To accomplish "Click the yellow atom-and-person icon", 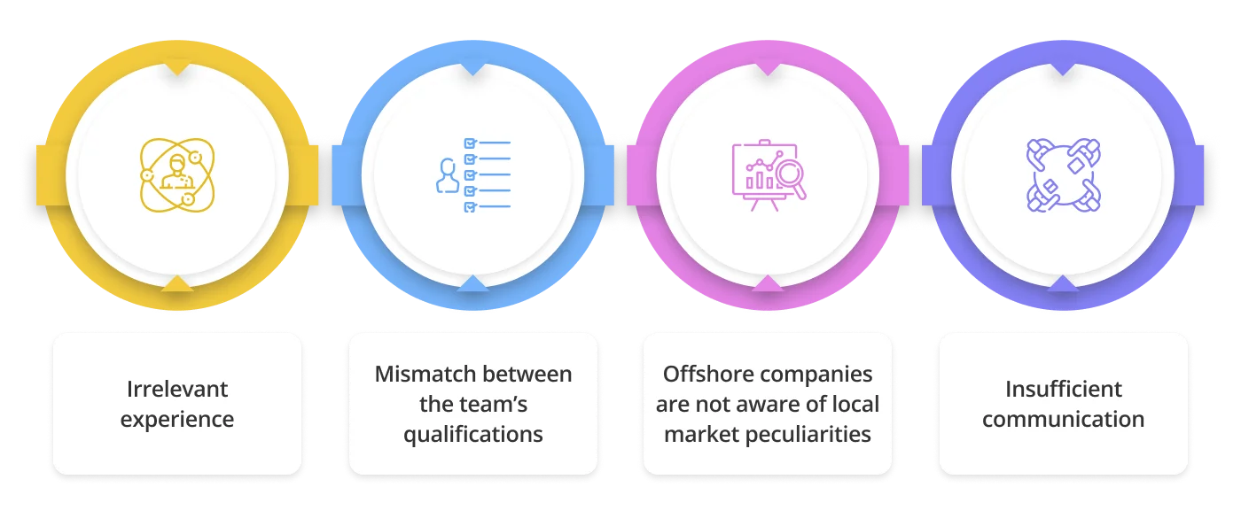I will pos(177,174).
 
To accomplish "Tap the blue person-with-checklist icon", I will pos(473,174).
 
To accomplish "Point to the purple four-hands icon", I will pos(1063,174).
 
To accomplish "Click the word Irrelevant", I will pos(177,389).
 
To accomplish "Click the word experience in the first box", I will pos(177,419).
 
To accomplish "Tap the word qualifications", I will pos(473,434).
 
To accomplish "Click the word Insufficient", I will pos(1064,389).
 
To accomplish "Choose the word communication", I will pos(1063,419).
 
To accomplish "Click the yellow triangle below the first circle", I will pos(177,283).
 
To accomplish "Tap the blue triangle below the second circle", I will pos(473,283).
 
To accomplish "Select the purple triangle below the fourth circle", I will pos(1063,283).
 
